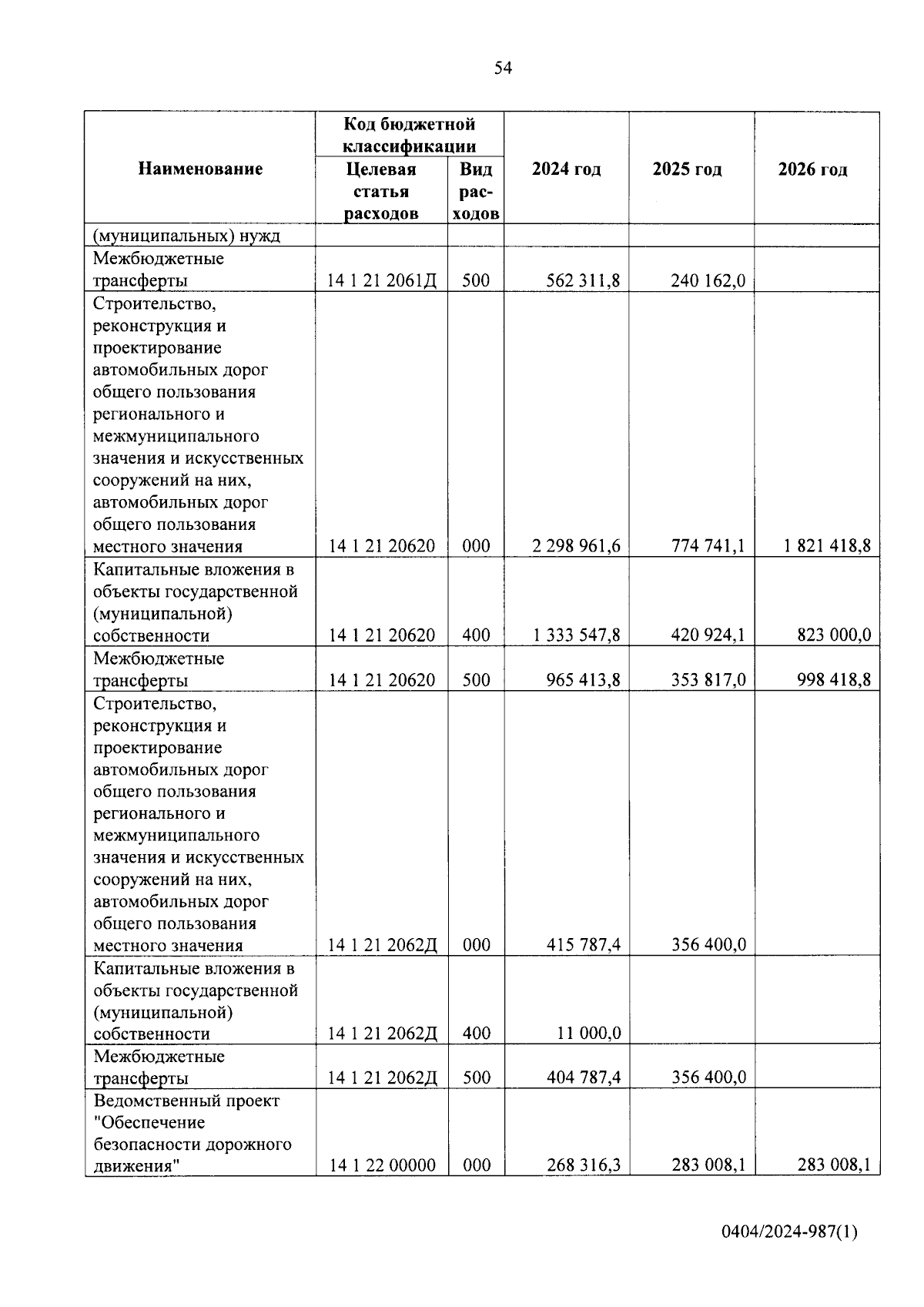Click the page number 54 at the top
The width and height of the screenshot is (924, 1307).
pos(502,69)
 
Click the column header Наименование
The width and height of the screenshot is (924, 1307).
pos(200,169)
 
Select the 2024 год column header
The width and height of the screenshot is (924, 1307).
pos(566,169)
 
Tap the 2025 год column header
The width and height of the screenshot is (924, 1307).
pos(687,169)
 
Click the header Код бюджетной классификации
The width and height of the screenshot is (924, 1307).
pos(409,135)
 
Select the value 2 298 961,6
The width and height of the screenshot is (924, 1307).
pos(576,546)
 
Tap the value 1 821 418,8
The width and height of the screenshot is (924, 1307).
pos(828,546)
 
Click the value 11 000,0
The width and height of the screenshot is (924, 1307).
pos(588,1034)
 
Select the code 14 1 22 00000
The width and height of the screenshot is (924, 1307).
pos(382,1165)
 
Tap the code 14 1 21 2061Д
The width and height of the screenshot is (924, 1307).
pos(382,281)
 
